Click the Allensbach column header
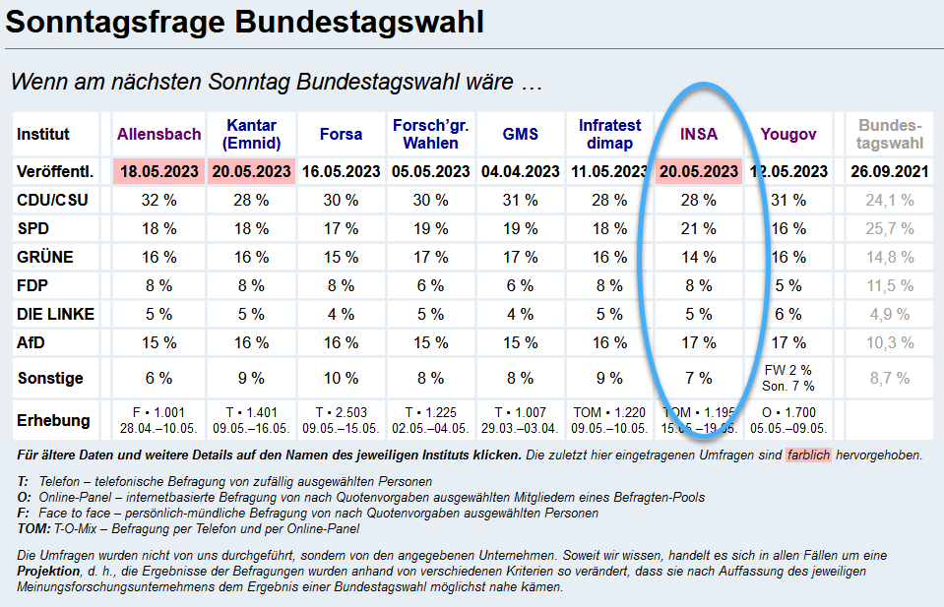[x=158, y=134]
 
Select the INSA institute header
[x=699, y=134]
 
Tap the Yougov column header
[x=788, y=134]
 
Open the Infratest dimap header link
[x=610, y=134]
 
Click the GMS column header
[x=520, y=134]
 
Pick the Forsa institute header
[x=341, y=134]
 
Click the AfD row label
[x=31, y=343]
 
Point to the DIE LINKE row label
[x=54, y=315]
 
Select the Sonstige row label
[x=50, y=378]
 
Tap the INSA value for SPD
[x=699, y=229]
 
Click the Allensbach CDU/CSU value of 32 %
[x=158, y=201]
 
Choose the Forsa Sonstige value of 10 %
[x=341, y=378]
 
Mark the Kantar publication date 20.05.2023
[x=250, y=171]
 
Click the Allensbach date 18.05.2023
[x=158, y=171]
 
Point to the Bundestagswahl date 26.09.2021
[x=889, y=171]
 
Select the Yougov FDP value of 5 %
[x=788, y=286]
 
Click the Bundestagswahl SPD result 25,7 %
[x=889, y=229]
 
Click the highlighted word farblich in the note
[x=808, y=456]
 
